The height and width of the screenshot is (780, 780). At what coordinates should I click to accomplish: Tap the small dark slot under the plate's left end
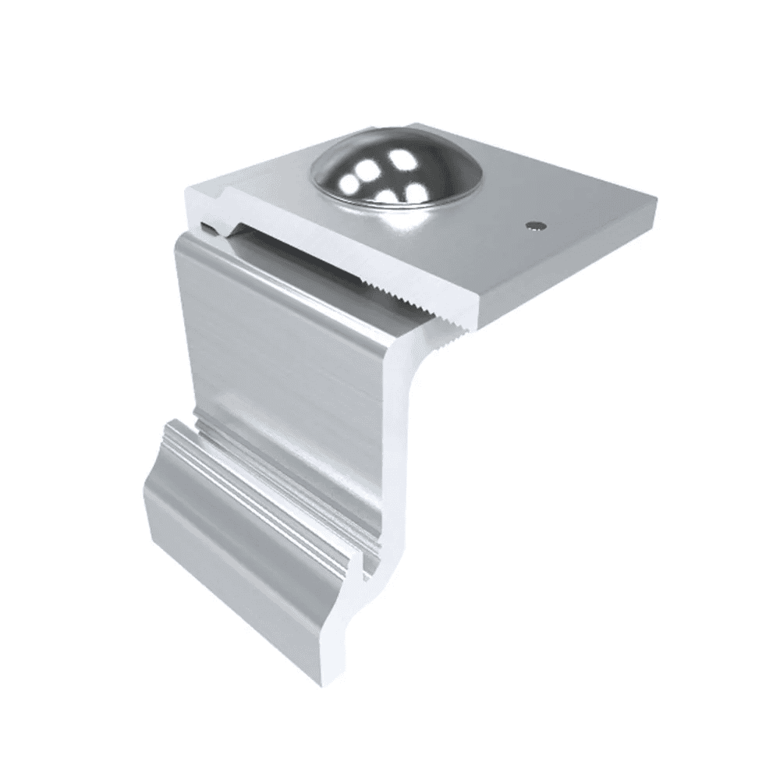coord(206,227)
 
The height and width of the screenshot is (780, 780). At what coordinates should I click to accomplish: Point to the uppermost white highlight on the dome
coord(402,160)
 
